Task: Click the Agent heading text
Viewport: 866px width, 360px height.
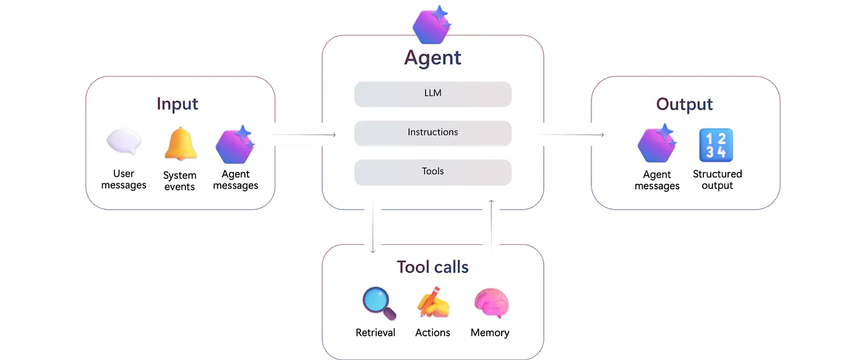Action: (432, 58)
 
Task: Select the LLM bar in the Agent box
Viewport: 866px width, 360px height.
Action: (432, 94)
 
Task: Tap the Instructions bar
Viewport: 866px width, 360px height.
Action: (432, 132)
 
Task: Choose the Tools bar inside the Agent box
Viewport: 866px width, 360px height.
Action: (432, 171)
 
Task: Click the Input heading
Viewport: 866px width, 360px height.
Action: (178, 103)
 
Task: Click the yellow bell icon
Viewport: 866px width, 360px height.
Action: (180, 144)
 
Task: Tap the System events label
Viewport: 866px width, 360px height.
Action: (180, 181)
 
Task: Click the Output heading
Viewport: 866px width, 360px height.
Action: (684, 104)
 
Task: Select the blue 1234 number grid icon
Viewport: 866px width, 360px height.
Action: (716, 145)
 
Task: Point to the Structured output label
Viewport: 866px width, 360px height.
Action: (717, 180)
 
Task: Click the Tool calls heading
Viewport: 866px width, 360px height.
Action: (432, 267)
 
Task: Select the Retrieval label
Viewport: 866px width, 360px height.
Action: (375, 333)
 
